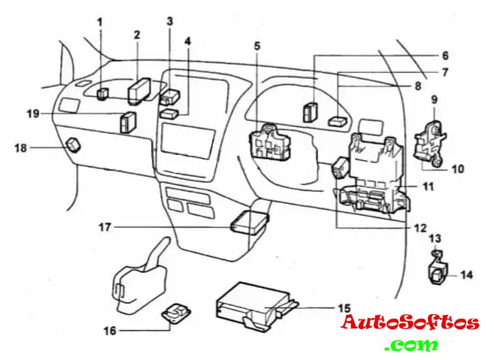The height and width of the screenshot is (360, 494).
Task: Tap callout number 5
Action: pos(256,46)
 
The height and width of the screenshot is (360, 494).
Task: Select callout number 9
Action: pos(434,99)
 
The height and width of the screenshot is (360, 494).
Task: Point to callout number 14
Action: pos(467,275)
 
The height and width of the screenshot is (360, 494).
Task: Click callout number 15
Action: pos(344,307)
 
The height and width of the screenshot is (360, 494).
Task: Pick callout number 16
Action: pos(109,330)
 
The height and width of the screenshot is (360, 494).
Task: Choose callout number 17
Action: pos(105,225)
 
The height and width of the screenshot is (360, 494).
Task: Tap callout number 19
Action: pos(32,113)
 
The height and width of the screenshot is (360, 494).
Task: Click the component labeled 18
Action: pos(74,143)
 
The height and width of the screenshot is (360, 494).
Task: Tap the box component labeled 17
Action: pos(249,222)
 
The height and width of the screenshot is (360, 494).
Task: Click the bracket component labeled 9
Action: pos(431,140)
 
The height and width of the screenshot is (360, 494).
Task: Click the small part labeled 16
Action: pos(177,313)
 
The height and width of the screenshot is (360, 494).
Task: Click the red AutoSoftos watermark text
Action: pos(410,324)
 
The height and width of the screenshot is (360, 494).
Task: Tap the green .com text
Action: pos(410,346)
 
